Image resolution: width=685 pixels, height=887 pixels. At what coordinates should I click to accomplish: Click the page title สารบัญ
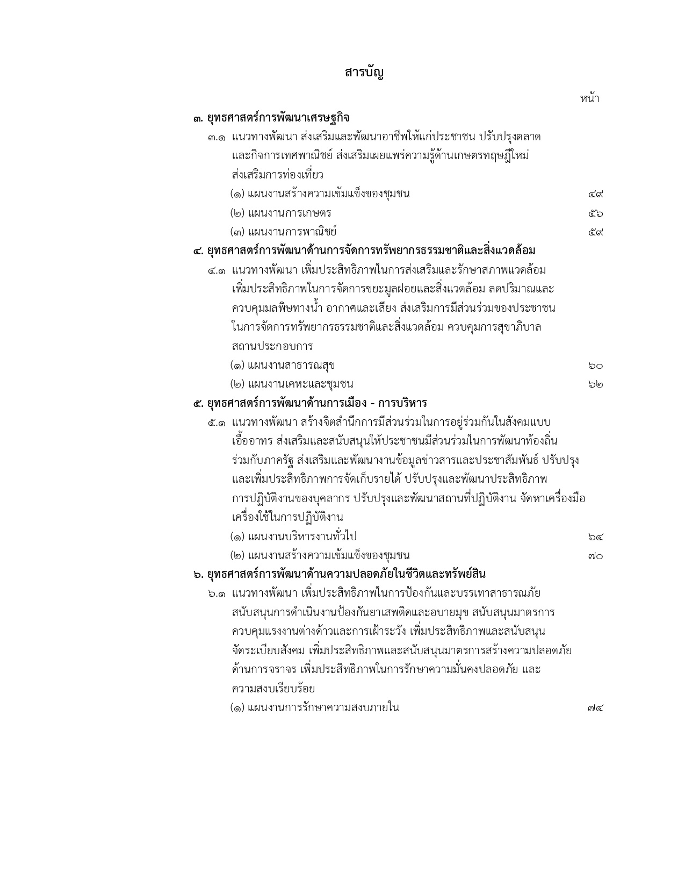coord(364,73)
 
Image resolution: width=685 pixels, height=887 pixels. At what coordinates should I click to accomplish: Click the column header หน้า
coord(589,98)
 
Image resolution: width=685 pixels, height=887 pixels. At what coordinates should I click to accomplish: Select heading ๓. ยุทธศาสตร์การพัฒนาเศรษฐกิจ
coord(271,118)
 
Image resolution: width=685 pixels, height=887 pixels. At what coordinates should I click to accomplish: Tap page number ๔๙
coord(595,195)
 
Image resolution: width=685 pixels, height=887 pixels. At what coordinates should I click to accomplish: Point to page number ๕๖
coord(595,213)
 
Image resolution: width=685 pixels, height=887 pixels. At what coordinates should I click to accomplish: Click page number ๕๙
coord(595,232)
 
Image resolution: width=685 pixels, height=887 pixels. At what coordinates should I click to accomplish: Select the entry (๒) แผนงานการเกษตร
coord(280,213)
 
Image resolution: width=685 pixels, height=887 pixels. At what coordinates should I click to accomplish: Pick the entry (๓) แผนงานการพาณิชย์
coord(283,232)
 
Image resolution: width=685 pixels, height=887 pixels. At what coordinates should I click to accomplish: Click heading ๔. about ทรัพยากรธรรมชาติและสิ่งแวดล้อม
coord(364,251)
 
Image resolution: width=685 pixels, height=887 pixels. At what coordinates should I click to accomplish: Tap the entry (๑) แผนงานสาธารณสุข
coord(283,366)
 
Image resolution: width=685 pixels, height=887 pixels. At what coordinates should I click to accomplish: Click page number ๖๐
coord(595,366)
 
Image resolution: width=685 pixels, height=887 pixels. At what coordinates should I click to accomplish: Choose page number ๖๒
coord(595,385)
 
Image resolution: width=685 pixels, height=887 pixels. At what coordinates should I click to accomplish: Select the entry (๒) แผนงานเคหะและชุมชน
coord(292,384)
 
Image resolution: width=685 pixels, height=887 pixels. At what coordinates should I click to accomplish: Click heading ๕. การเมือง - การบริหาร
coord(310,403)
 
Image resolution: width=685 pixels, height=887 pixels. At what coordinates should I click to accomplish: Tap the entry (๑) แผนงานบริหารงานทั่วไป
coord(293,537)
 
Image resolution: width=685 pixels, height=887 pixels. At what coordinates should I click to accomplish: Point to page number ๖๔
coord(595,537)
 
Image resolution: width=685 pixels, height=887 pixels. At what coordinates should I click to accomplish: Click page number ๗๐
coord(595,556)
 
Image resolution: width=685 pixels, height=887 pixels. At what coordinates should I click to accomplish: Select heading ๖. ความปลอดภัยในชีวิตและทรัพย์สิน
coord(340,575)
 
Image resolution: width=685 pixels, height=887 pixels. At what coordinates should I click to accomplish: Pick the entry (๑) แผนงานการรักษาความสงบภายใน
coord(314,707)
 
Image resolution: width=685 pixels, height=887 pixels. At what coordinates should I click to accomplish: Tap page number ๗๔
coord(595,708)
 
